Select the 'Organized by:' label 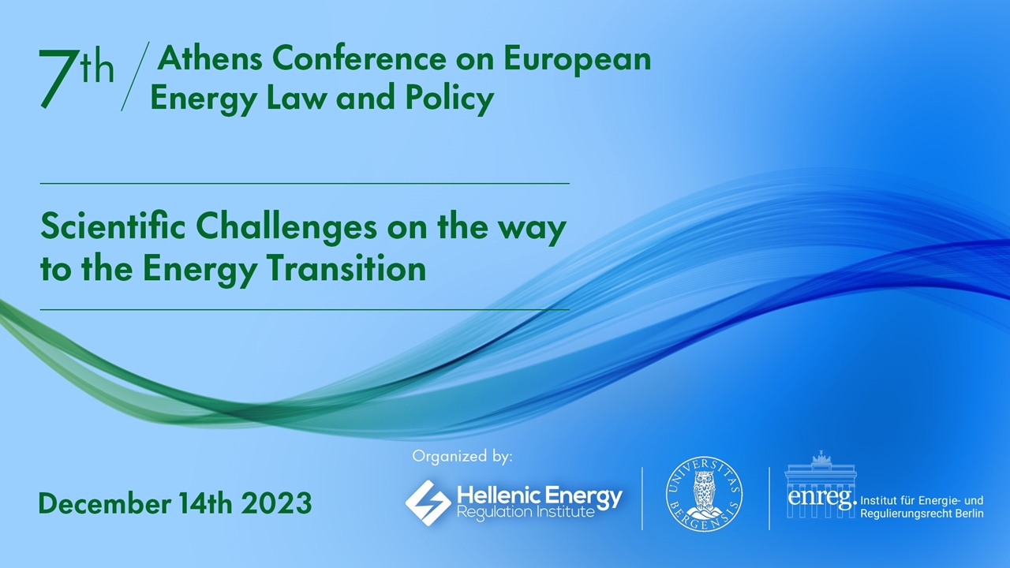462,456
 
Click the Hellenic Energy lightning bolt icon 428,503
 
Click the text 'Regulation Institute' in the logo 526,513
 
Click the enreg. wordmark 821,499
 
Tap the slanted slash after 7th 135,77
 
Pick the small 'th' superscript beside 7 98,68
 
